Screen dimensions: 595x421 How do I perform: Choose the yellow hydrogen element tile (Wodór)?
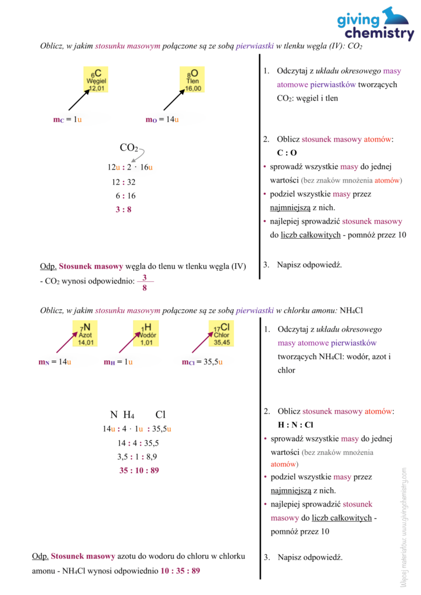(x=146, y=334)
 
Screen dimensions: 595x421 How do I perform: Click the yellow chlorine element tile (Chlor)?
(x=221, y=334)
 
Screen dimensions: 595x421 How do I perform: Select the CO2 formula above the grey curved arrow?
(x=129, y=148)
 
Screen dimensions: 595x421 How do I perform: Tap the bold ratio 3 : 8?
(x=123, y=209)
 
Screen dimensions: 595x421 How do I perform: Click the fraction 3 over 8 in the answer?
(x=144, y=282)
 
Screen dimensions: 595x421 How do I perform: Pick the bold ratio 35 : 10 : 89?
(x=139, y=470)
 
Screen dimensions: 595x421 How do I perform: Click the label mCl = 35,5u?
(x=202, y=362)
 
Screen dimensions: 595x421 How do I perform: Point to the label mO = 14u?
(x=162, y=120)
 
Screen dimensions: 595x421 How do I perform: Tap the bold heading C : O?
(x=287, y=153)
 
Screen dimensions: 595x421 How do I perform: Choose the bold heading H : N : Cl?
(x=295, y=425)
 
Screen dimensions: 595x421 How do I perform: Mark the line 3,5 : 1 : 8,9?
(x=137, y=456)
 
